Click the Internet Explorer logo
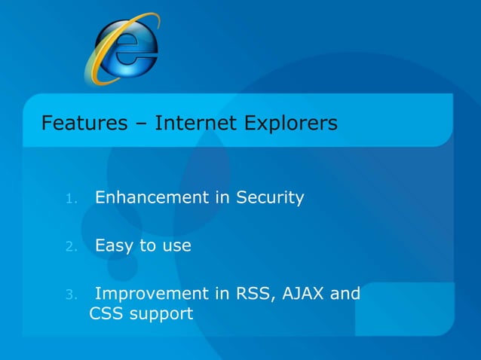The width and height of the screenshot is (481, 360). pos(122,49)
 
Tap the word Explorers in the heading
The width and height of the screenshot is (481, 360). pos(290,122)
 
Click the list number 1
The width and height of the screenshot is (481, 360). pos(70,200)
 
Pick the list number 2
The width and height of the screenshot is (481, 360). pos(70,247)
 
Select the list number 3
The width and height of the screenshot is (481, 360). pos(70,294)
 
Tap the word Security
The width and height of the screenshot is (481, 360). pos(270,198)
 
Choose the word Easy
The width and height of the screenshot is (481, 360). pos(112,246)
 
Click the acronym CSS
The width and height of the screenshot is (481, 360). pos(103,312)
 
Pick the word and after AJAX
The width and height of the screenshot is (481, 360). pos(345,293)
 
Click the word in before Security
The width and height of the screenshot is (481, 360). pos(222,198)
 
